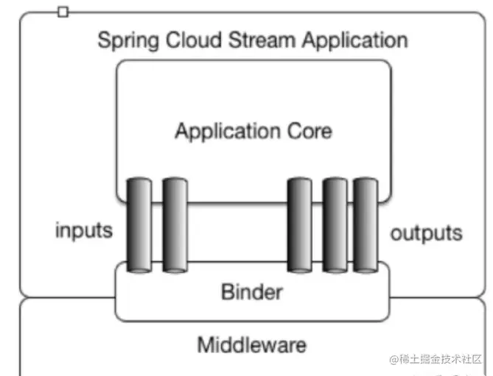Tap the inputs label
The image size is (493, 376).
tap(84, 230)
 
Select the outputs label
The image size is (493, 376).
tap(427, 233)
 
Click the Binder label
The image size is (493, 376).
tap(251, 292)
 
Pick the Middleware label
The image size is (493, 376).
tap(252, 344)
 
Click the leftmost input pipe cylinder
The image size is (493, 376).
tap(139, 224)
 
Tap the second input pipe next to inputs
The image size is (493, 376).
tap(175, 224)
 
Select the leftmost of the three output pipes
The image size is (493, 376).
tap(299, 224)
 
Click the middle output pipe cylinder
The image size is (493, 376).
tap(335, 224)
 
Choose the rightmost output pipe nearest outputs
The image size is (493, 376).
tap(365, 224)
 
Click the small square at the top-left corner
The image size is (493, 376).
tap(63, 12)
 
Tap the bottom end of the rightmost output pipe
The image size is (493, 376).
tap(365, 269)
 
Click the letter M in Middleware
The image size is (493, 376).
tap(206, 344)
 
